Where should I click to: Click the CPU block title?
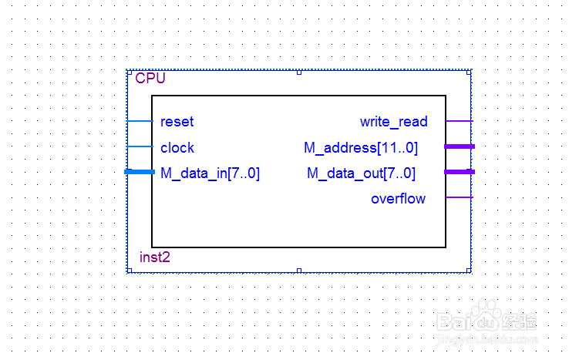point(150,78)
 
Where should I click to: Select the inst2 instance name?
point(155,257)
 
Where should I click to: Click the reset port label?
point(177,122)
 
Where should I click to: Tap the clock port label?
point(177,148)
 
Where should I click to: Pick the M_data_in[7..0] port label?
point(210,173)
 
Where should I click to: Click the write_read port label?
point(394,122)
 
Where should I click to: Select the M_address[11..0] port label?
point(361,148)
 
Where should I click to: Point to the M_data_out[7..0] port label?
point(361,173)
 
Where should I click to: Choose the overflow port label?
point(398,199)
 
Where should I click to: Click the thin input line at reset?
point(140,121)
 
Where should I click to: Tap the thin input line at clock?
point(140,146)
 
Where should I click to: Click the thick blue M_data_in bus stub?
point(140,172)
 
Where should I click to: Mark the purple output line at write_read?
point(460,121)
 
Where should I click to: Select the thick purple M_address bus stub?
point(460,146)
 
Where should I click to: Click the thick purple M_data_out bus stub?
point(460,172)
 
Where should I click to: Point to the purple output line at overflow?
point(460,197)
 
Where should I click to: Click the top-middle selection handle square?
point(299,72)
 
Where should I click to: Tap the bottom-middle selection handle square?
point(299,271)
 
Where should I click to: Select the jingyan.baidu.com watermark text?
point(487,340)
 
